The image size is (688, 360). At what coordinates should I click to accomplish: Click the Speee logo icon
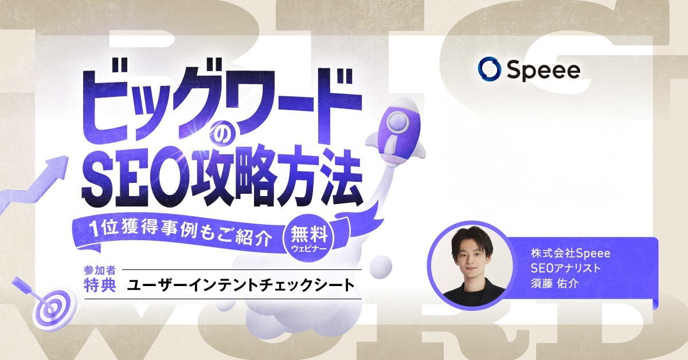coord(487,69)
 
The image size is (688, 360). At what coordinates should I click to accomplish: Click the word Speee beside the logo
coord(542,69)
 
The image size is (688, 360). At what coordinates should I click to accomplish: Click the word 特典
coord(97,285)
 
